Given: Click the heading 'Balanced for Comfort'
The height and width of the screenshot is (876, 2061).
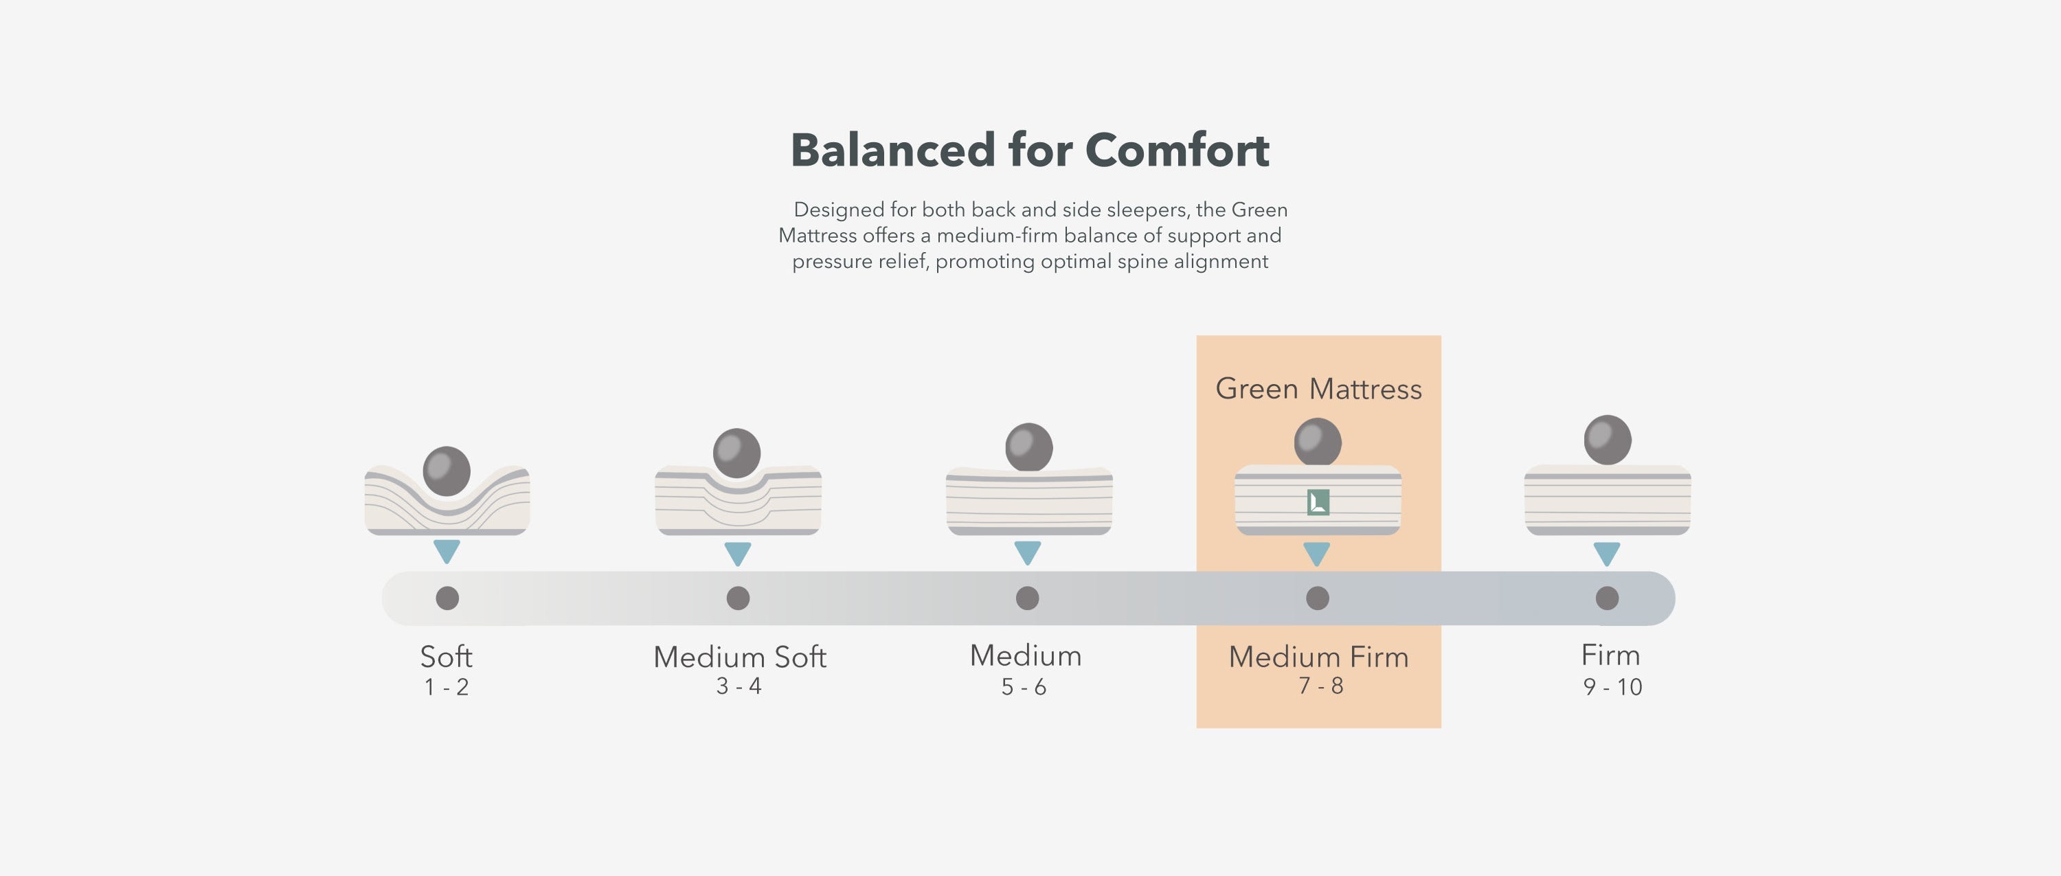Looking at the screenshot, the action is (1030, 150).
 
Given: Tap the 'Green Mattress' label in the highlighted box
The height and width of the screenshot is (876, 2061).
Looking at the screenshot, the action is (1318, 389).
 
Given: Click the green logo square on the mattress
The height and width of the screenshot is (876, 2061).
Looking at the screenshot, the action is (1318, 502).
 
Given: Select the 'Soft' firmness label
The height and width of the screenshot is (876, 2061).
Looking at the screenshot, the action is (447, 657).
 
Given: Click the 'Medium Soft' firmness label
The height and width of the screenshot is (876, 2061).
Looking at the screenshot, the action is (739, 657).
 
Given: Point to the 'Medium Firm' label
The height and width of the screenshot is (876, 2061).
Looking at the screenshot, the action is (1318, 657).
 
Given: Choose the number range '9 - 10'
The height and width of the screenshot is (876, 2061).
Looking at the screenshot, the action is (1612, 687).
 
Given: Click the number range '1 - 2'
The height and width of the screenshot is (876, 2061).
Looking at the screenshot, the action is (447, 687).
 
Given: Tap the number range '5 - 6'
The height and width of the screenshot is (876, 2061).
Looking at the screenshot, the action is (1024, 687).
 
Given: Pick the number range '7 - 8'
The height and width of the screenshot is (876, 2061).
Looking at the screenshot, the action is (1321, 686).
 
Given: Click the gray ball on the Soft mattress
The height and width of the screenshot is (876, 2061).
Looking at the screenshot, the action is (447, 471).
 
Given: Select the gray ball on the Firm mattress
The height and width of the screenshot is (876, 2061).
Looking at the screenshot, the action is (1608, 440).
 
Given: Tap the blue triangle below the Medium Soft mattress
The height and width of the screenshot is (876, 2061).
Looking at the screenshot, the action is (738, 554).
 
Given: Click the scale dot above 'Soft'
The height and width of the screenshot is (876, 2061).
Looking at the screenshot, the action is (447, 598).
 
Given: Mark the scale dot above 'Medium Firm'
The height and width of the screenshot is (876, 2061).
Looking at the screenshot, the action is (1318, 598).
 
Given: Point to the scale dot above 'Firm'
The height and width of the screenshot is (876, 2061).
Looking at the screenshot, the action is (1608, 598).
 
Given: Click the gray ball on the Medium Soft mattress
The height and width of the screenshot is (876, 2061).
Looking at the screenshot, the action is (737, 453).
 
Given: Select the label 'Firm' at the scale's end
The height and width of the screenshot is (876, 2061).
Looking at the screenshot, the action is (1610, 655).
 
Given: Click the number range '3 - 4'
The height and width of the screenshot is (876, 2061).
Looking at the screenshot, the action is (739, 686).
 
